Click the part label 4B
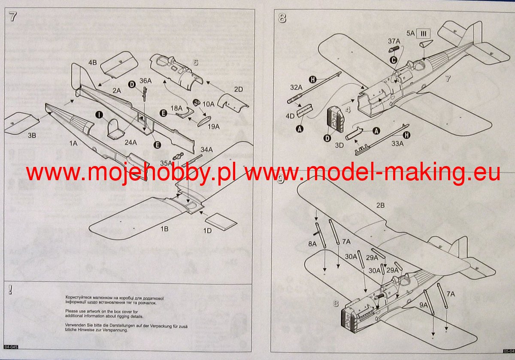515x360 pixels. (93, 63)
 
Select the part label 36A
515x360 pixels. (146, 81)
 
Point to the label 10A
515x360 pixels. (208, 104)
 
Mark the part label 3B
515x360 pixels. (33, 136)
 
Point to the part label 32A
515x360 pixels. (296, 88)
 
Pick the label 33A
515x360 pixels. (398, 144)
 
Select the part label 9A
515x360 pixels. (424, 305)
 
